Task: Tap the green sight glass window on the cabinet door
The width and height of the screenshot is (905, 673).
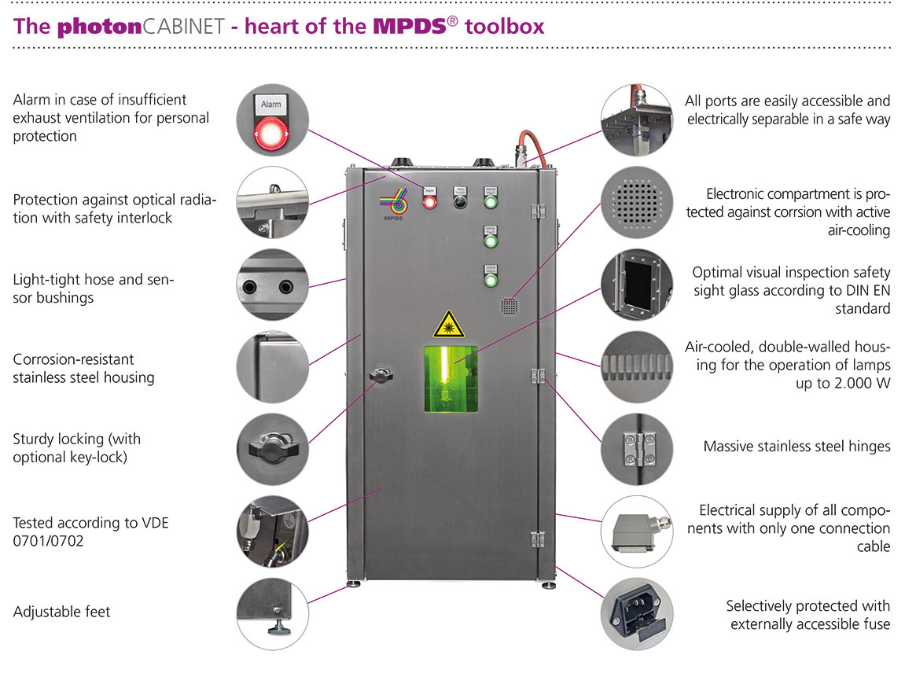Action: [x=451, y=378]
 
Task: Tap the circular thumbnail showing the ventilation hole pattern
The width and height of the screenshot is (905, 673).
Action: [x=637, y=202]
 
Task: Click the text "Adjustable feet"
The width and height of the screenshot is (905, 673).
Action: [x=61, y=611]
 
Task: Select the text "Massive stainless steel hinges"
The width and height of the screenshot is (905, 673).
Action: [x=796, y=447]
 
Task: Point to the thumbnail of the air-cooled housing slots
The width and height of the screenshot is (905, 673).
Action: [x=637, y=366]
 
